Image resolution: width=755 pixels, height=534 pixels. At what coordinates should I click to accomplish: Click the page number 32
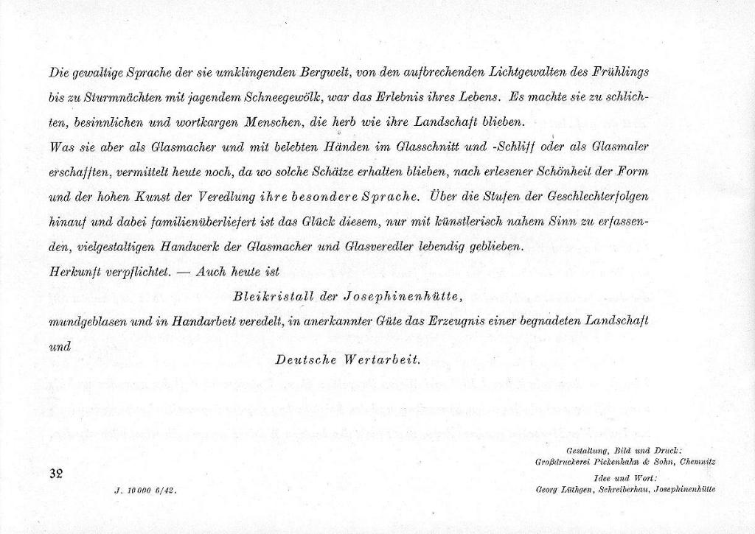pyautogui.click(x=56, y=474)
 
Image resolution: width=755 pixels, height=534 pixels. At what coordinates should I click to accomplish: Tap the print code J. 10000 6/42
pyautogui.click(x=146, y=489)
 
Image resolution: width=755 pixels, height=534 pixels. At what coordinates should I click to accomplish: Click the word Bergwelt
pyautogui.click(x=319, y=72)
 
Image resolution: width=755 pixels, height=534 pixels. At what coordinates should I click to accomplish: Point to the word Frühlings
pyautogui.click(x=619, y=72)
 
